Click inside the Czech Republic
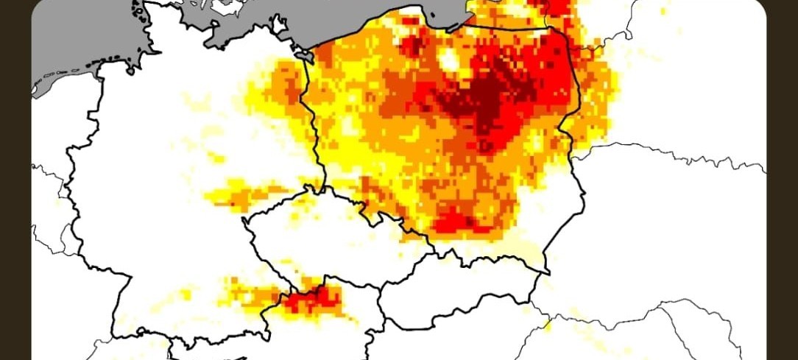point(324,236)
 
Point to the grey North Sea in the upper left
point(74,37)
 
